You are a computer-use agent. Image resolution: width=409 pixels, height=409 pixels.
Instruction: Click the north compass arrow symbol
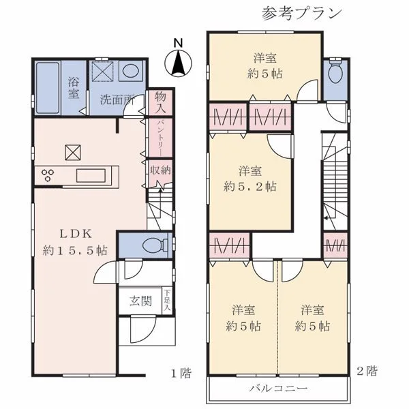[x=178, y=63]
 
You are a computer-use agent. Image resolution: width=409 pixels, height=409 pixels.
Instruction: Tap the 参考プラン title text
[x=302, y=14]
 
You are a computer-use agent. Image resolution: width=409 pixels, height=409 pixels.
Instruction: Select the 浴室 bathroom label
[x=74, y=88]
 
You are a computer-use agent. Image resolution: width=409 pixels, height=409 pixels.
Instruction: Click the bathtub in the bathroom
[x=48, y=88]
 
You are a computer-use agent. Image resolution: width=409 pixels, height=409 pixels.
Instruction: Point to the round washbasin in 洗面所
[x=130, y=70]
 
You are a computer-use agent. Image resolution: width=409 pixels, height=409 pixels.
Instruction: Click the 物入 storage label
[x=160, y=102]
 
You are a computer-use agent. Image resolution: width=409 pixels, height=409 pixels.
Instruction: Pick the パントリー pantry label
[x=160, y=138]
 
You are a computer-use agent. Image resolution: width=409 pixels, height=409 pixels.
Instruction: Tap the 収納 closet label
[x=160, y=170]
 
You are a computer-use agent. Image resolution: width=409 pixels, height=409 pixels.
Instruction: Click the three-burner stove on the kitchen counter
[x=48, y=175]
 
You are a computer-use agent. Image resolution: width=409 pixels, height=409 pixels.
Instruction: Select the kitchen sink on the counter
[x=91, y=175]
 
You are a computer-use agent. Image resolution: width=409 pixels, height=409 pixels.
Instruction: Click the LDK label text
[x=76, y=234]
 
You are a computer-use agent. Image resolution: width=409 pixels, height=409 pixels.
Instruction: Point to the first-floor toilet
[x=155, y=245]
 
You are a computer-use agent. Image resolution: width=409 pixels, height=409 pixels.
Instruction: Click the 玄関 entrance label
[x=140, y=301]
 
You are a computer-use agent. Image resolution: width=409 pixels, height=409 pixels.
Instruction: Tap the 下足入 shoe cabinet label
[x=167, y=300]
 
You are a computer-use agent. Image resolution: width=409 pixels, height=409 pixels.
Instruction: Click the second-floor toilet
[x=335, y=71]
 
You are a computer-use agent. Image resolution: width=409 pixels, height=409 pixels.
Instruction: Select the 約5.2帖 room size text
[x=250, y=187]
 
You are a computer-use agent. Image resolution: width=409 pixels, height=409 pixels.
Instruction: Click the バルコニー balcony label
[x=278, y=389]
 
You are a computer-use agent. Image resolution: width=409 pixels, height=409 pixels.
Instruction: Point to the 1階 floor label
[x=181, y=373]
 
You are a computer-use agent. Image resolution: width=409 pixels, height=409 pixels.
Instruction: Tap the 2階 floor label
[x=367, y=371]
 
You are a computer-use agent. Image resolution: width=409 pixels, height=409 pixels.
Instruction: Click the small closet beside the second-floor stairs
[x=335, y=245]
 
